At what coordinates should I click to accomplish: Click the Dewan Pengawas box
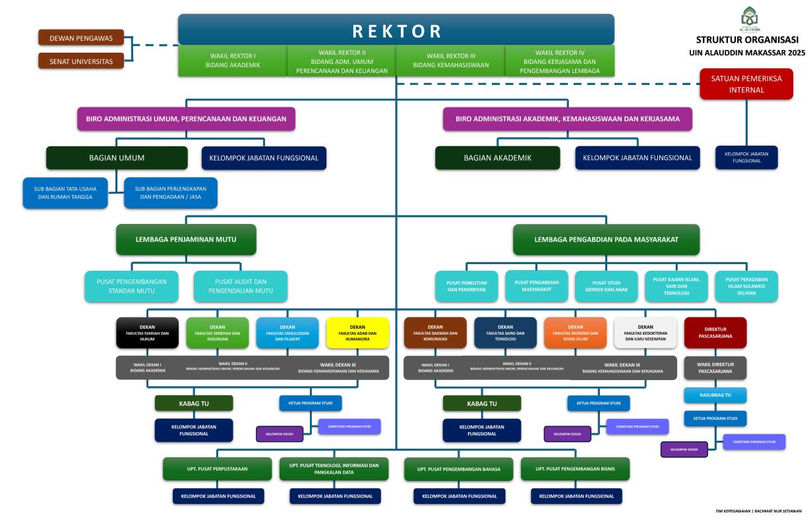tap(81, 38)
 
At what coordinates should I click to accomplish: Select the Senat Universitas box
tap(81, 61)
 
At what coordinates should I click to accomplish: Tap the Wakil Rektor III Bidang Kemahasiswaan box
tap(450, 61)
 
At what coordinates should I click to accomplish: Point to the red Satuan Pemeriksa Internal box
tap(746, 84)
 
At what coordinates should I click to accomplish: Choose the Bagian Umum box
tap(117, 158)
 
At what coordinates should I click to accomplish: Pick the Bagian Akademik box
tap(497, 158)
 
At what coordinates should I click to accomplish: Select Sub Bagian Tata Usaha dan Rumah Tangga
tap(65, 192)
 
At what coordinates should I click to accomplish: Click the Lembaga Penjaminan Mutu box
tap(186, 240)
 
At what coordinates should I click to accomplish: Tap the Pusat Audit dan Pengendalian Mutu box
tap(241, 286)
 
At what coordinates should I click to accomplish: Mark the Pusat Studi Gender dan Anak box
tap(606, 286)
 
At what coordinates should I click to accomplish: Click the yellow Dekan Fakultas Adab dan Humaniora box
tap(357, 333)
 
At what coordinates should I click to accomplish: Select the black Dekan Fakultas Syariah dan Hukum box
tap(147, 333)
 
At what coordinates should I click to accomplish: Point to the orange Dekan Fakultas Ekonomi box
tap(575, 333)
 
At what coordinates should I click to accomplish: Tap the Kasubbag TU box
tap(715, 395)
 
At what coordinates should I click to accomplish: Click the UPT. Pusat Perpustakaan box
tap(217, 469)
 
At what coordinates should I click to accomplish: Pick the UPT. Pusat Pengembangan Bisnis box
tap(575, 469)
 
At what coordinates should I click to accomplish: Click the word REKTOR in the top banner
tap(396, 31)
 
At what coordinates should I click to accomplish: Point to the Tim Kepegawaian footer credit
tap(758, 511)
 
